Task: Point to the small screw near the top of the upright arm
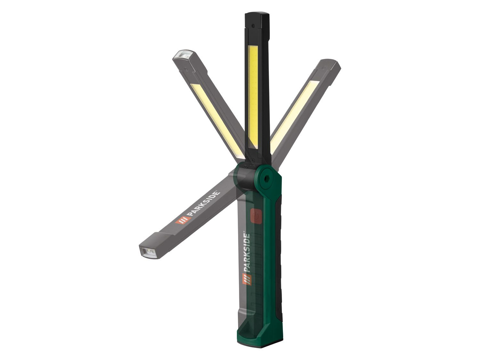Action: click(x=253, y=26)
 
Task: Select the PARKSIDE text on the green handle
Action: click(x=246, y=253)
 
